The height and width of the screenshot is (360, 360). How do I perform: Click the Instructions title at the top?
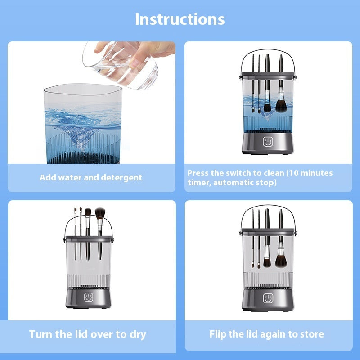click(x=180, y=19)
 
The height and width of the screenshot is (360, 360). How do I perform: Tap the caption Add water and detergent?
click(x=90, y=177)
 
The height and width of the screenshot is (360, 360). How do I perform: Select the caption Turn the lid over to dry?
click(x=88, y=334)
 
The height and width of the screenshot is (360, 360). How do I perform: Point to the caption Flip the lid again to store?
click(x=266, y=334)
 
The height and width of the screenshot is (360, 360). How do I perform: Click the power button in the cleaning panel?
click(x=268, y=142)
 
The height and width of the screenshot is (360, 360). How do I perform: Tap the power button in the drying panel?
click(x=89, y=298)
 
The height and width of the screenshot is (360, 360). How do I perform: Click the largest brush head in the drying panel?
click(x=100, y=212)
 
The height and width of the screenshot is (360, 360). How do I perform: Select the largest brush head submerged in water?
click(x=281, y=106)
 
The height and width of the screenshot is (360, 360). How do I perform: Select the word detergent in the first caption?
click(x=121, y=177)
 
